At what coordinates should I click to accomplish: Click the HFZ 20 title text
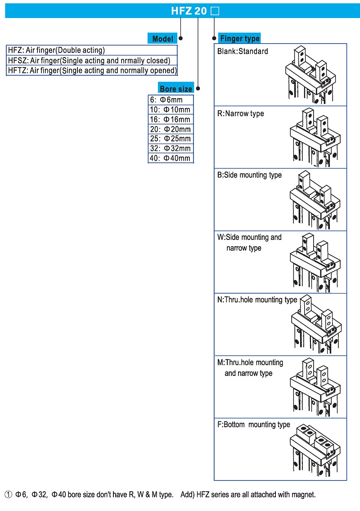tap(189, 11)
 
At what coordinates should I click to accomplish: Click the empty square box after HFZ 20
tap(215, 11)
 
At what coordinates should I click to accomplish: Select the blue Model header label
tap(162, 39)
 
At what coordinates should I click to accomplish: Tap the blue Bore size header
tap(175, 89)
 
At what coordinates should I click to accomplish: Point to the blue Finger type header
tap(239, 38)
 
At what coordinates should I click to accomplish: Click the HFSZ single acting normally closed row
tap(92, 60)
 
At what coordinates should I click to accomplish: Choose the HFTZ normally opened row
tap(92, 70)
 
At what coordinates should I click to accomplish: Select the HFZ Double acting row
tap(92, 50)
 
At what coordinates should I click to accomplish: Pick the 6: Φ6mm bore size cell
tap(171, 100)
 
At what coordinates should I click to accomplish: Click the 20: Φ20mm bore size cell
tap(171, 129)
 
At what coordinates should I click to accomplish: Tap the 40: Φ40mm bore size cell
tap(171, 158)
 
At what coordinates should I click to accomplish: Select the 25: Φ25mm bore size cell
tap(171, 139)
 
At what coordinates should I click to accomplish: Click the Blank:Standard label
tap(243, 51)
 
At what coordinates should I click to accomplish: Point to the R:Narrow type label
tap(241, 113)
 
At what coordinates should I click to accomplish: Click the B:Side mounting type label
tap(249, 175)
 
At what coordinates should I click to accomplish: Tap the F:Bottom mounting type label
tap(254, 425)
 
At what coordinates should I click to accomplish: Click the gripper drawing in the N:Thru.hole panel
tap(315, 326)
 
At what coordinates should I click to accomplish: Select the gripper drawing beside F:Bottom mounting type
tap(315, 450)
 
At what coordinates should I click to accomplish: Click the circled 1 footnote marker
tap(8, 495)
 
